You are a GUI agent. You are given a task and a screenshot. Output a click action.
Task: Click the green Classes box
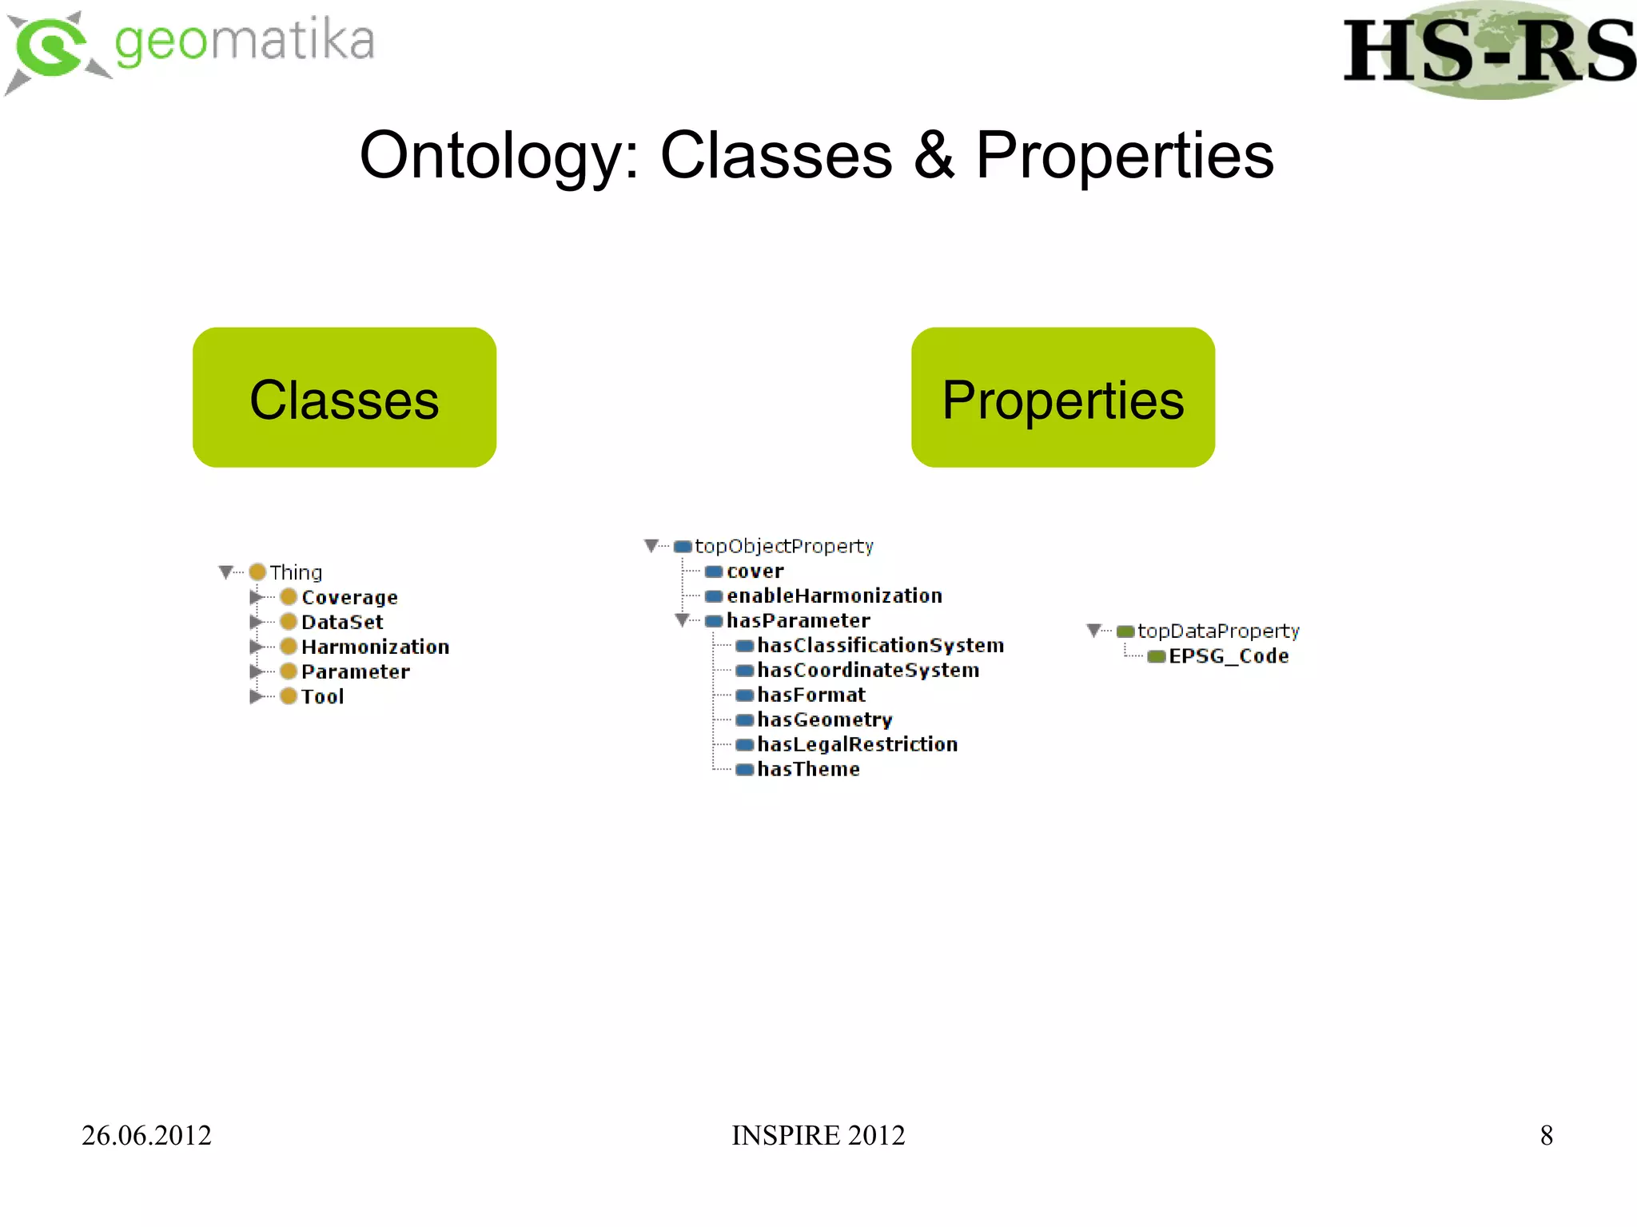344,397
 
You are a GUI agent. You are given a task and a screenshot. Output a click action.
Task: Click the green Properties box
1062,397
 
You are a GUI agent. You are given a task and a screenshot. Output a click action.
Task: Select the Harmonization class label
375,647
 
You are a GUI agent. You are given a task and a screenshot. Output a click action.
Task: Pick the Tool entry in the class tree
323,696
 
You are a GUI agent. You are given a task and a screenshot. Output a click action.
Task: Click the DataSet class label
342,622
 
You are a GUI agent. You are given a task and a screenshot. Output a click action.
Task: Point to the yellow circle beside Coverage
289,597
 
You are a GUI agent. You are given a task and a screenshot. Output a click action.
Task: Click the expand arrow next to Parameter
255,671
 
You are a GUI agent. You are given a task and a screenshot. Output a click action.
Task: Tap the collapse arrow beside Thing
225,572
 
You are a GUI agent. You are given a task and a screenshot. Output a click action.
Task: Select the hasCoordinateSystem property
868,670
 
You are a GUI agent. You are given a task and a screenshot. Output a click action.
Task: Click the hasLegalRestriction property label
857,744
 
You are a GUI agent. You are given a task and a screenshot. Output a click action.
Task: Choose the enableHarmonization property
834,596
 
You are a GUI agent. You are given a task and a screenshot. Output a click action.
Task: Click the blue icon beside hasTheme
744,769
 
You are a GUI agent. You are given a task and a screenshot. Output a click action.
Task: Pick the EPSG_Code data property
1229,656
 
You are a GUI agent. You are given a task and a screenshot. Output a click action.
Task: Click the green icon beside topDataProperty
1125,631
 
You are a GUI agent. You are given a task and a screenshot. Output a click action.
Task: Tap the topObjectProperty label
783,546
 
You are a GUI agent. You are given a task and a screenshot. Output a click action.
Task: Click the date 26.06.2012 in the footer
146,1135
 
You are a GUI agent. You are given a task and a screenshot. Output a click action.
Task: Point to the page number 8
1546,1135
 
